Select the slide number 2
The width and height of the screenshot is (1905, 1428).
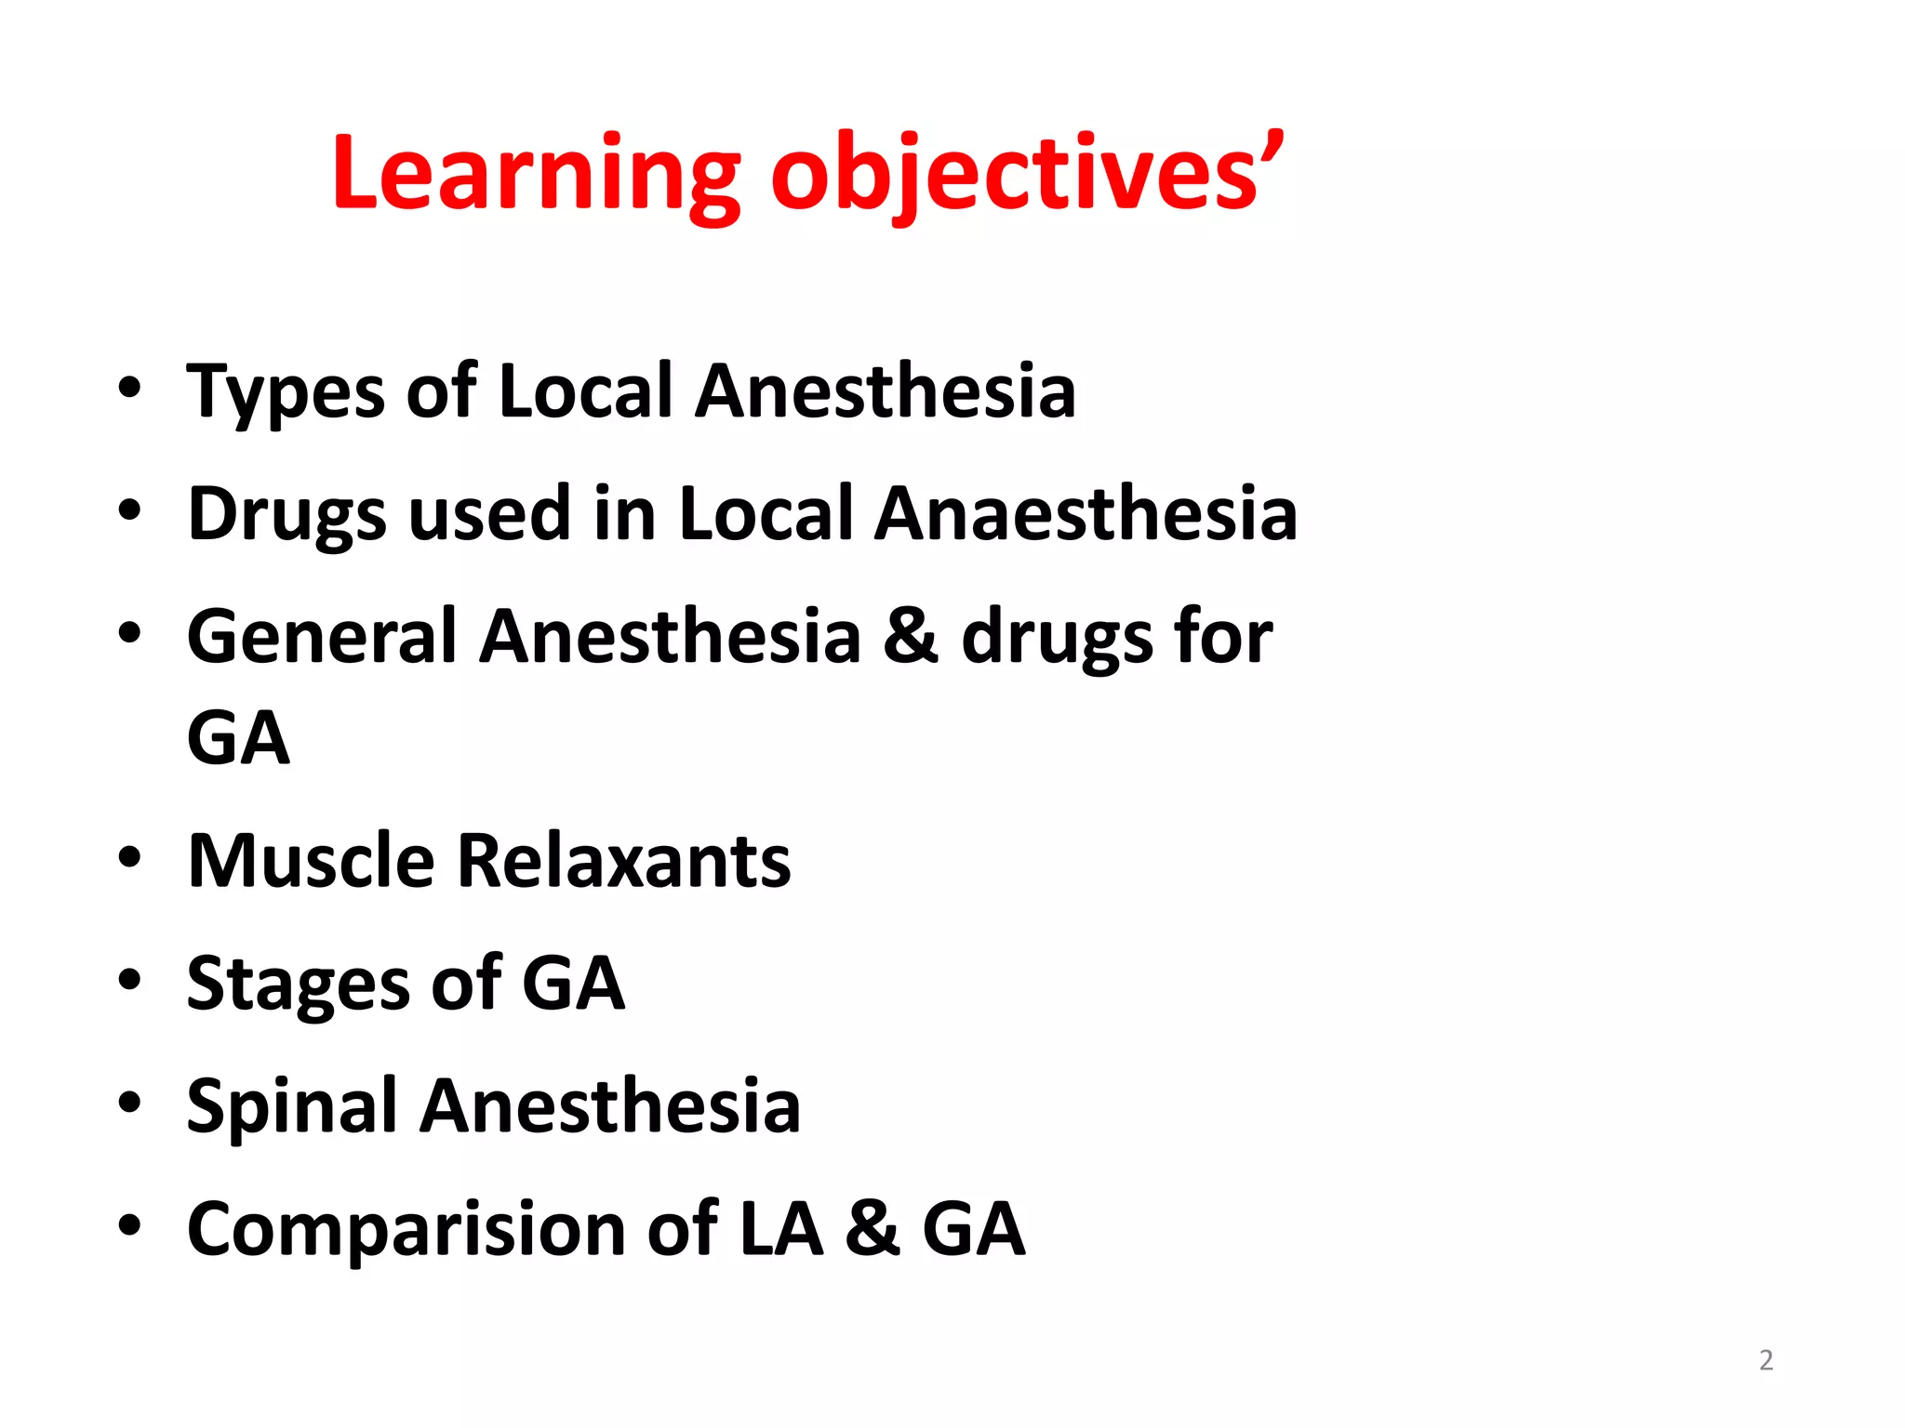(x=1765, y=1360)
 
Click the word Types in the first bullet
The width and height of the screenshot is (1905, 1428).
(x=285, y=391)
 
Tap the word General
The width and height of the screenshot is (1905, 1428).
(x=322, y=637)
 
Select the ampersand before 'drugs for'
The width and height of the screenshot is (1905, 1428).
(x=911, y=637)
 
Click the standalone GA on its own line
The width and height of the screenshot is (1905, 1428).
(x=238, y=739)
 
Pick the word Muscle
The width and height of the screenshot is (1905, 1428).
(x=311, y=861)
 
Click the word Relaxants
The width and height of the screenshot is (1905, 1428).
(x=623, y=861)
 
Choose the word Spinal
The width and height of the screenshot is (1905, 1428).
(x=292, y=1106)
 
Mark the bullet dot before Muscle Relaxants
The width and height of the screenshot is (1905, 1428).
(x=129, y=858)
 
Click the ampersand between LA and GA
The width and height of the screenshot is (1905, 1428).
(x=872, y=1229)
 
